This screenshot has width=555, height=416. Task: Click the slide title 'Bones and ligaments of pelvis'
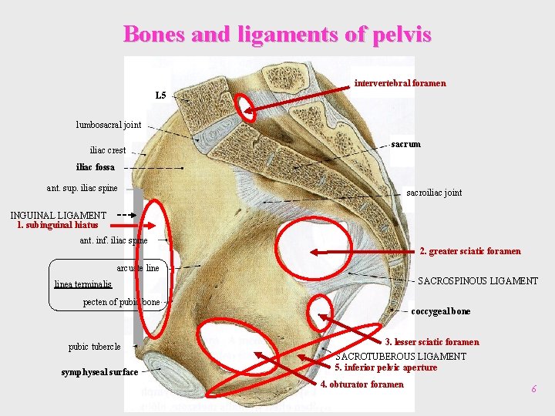point(277,35)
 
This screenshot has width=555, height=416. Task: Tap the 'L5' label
point(160,96)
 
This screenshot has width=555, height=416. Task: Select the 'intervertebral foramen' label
point(399,83)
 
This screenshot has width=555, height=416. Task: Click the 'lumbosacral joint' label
point(109,125)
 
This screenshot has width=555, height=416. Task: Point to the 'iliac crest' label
point(108,150)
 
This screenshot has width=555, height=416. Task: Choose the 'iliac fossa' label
point(96,167)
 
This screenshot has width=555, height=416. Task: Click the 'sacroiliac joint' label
point(434,193)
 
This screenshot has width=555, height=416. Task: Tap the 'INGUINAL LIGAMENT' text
point(59,215)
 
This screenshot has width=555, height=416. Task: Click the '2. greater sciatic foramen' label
point(470,251)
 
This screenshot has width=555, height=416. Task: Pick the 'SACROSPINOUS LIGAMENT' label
point(478,281)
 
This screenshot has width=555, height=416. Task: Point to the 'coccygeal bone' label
point(440,312)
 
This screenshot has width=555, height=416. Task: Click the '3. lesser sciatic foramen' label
point(432,342)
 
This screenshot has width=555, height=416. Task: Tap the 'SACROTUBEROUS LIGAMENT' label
point(401,357)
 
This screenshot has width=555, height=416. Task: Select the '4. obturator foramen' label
point(362,384)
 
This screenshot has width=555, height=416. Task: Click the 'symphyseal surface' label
point(99,373)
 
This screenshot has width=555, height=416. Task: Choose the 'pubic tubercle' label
point(95,347)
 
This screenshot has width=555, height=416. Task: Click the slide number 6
point(533,390)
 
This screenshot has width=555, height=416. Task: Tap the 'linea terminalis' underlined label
point(83,284)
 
